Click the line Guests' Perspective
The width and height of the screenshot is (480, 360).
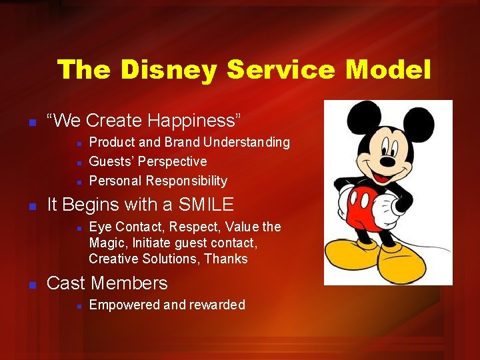[147, 161]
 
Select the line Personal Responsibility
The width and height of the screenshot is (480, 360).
[158, 181]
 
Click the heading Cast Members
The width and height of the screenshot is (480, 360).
[107, 283]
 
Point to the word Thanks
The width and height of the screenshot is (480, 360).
[226, 259]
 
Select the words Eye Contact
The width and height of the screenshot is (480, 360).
[120, 227]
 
